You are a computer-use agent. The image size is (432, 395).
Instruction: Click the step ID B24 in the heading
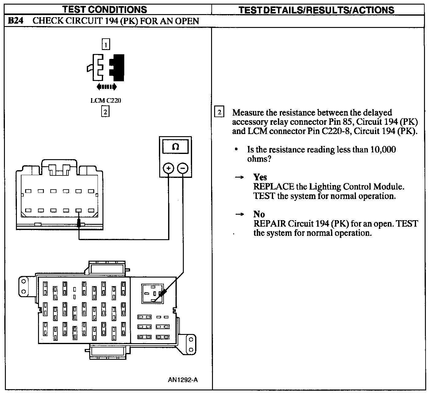[16, 21]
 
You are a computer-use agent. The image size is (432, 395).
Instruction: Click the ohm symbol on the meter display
[175, 147]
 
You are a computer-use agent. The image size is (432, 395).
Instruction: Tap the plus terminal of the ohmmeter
[168, 168]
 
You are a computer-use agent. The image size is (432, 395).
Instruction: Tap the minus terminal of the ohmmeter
[183, 168]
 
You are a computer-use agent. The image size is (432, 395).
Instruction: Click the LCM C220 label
[106, 101]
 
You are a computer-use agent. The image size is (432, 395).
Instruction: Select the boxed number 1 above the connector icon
[106, 44]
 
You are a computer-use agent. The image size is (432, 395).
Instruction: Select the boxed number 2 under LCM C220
[105, 112]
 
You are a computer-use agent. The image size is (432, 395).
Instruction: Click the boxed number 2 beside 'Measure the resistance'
[219, 112]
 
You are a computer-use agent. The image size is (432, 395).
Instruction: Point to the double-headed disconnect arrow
[106, 87]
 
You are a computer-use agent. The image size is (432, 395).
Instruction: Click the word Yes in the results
[260, 177]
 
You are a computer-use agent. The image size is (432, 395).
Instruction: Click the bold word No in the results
[259, 214]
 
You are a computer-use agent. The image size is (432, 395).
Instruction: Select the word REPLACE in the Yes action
[274, 187]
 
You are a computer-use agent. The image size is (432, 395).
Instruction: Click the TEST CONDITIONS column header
[105, 10]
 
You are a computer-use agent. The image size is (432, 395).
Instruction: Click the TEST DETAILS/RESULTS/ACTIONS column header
[317, 10]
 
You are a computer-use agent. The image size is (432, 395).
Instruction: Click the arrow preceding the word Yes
[239, 177]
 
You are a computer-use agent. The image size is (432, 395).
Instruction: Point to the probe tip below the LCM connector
[79, 223]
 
